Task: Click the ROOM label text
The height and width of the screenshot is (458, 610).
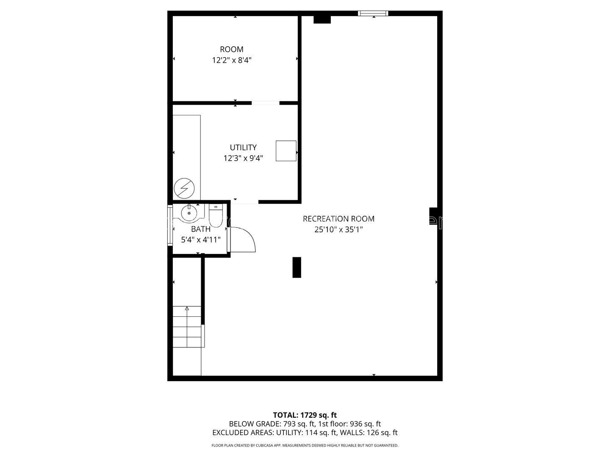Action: coord(231,49)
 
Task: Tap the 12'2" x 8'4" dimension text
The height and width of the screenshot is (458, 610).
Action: coord(231,60)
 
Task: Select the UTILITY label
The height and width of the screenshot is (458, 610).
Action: coord(243,148)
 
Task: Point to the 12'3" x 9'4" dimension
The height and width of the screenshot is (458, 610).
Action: coord(243,158)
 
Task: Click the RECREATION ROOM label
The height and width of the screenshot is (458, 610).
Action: coord(338,219)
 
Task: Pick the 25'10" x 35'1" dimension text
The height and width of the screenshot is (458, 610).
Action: coord(338,230)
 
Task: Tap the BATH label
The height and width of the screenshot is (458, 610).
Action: coord(201,229)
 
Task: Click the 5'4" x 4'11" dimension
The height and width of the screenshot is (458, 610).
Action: coord(201,240)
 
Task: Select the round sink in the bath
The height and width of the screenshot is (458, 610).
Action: coord(189,213)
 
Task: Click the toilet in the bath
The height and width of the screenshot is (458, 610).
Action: coord(215,215)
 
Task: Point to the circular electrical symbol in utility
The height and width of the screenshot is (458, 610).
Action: coord(184,188)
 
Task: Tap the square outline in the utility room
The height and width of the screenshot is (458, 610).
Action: coord(286,151)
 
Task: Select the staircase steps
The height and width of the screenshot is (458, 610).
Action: coord(187,327)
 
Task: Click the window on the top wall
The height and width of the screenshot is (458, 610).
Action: coord(373,13)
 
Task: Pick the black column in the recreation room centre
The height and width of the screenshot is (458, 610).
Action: coord(297,267)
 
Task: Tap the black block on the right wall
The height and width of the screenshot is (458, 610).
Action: coord(433,216)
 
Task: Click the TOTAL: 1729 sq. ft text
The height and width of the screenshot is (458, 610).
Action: coord(305,415)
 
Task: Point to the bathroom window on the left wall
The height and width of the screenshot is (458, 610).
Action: coord(170,225)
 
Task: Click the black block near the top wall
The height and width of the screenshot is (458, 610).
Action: coord(322,20)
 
